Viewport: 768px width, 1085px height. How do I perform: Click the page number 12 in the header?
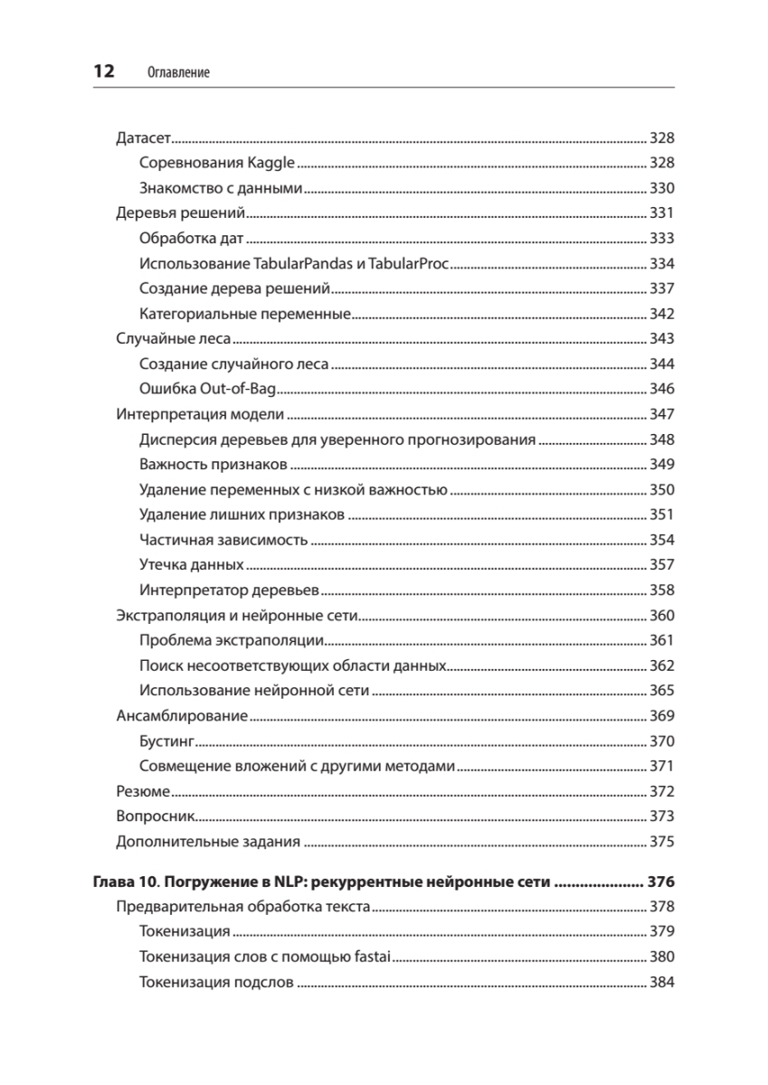coord(102,72)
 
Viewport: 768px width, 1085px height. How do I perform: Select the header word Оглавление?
coord(177,73)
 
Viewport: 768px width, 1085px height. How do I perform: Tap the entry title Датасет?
coord(144,138)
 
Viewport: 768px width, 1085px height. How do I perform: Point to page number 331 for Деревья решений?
coord(662,214)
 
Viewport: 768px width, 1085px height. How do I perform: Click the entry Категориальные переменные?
coord(245,315)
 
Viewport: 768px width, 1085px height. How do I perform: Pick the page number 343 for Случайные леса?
coord(662,340)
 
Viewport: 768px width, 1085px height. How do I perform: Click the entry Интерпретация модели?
coord(201,415)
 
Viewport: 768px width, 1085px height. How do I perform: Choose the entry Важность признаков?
coord(214,465)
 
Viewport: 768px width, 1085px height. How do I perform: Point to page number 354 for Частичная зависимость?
coord(662,540)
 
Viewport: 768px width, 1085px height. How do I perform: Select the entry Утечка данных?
coord(192,565)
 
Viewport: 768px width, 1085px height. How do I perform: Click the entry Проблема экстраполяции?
coord(232,641)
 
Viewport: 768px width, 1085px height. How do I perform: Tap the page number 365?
coord(662,691)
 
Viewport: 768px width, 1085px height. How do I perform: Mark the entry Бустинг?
coord(167,741)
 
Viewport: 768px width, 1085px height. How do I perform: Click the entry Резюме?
coord(143,791)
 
